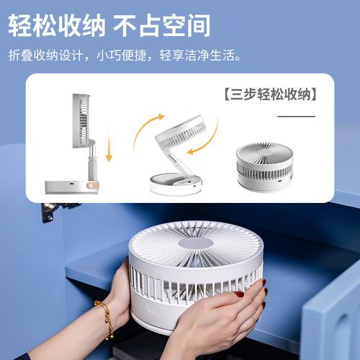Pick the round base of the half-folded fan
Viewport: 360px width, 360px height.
tap(176, 184)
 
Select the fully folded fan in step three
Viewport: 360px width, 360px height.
tap(265, 167)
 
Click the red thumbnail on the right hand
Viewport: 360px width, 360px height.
tap(239, 294)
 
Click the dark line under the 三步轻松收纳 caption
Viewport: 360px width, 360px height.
tap(297, 115)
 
